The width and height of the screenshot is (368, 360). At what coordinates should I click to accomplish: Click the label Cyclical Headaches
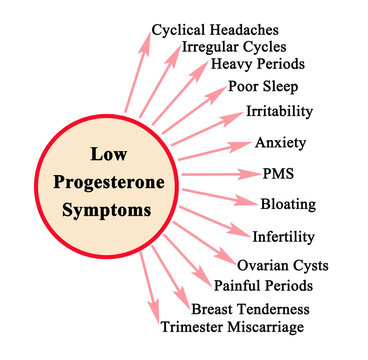tap(215, 30)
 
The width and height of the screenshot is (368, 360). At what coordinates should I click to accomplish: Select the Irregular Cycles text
tap(234, 47)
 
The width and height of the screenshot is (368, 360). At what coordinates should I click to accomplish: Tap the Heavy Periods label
tap(258, 64)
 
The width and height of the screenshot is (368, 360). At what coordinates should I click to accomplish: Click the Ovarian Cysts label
tap(283, 266)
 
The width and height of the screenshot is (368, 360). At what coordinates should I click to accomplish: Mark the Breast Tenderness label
tap(250, 309)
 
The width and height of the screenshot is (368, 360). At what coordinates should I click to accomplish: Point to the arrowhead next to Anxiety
tap(240, 146)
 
